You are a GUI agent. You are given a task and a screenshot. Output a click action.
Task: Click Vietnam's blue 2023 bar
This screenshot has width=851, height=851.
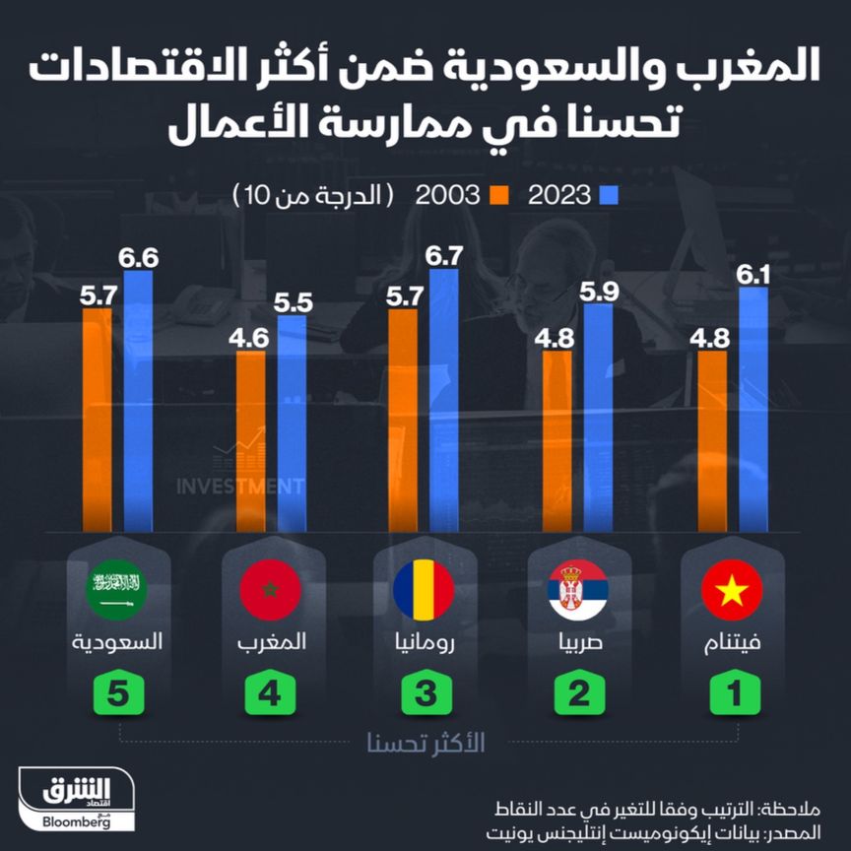tap(753, 409)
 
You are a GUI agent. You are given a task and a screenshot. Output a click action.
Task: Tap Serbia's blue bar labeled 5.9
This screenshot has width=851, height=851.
tap(598, 418)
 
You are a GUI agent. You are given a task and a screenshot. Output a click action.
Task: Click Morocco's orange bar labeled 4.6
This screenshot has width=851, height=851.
tap(251, 442)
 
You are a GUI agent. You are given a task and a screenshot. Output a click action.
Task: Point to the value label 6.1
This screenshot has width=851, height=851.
tap(753, 272)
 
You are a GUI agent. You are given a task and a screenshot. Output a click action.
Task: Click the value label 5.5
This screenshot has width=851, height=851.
tap(292, 302)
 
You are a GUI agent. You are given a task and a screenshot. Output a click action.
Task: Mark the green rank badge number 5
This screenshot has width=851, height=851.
tap(117, 693)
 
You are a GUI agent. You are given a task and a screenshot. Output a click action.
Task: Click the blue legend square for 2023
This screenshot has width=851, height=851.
tap(607, 194)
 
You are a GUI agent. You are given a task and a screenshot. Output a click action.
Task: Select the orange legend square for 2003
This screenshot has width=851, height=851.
tap(495, 194)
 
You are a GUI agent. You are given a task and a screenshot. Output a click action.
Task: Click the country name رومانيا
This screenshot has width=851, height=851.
tap(425, 641)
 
